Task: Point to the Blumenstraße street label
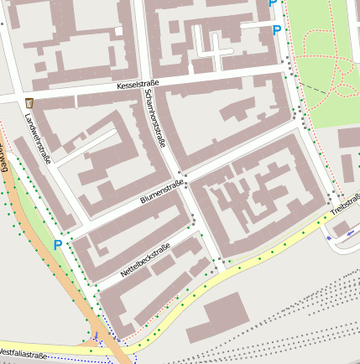(x=162, y=194)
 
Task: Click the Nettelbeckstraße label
(x=143, y=260)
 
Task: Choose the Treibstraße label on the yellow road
(x=345, y=202)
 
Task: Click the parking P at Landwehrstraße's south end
(x=58, y=245)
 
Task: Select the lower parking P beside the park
(x=277, y=31)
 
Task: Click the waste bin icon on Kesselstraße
(x=29, y=102)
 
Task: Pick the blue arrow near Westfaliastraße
(x=96, y=336)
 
